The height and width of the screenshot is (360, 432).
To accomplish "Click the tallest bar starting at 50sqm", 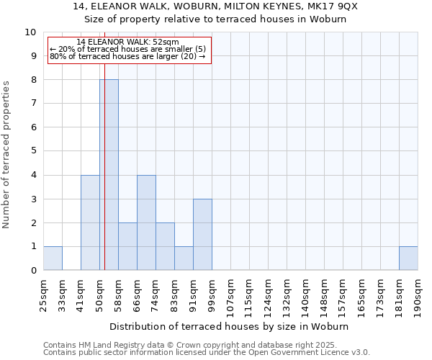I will pyautogui.click(x=109, y=175).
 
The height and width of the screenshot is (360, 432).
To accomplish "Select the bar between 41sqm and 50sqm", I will pyautogui.click(x=90, y=222).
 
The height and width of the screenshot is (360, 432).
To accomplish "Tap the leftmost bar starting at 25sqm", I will pyautogui.click(x=53, y=258).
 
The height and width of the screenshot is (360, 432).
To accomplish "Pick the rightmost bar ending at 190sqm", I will pyautogui.click(x=408, y=258).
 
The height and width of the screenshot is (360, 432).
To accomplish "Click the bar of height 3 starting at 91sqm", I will pyautogui.click(x=202, y=235).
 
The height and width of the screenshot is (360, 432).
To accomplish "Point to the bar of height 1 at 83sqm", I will pyautogui.click(x=184, y=258).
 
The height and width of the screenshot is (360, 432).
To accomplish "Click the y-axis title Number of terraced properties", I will pyautogui.click(x=6, y=154).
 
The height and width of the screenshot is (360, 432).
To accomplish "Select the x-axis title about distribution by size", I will pyautogui.click(x=230, y=326).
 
